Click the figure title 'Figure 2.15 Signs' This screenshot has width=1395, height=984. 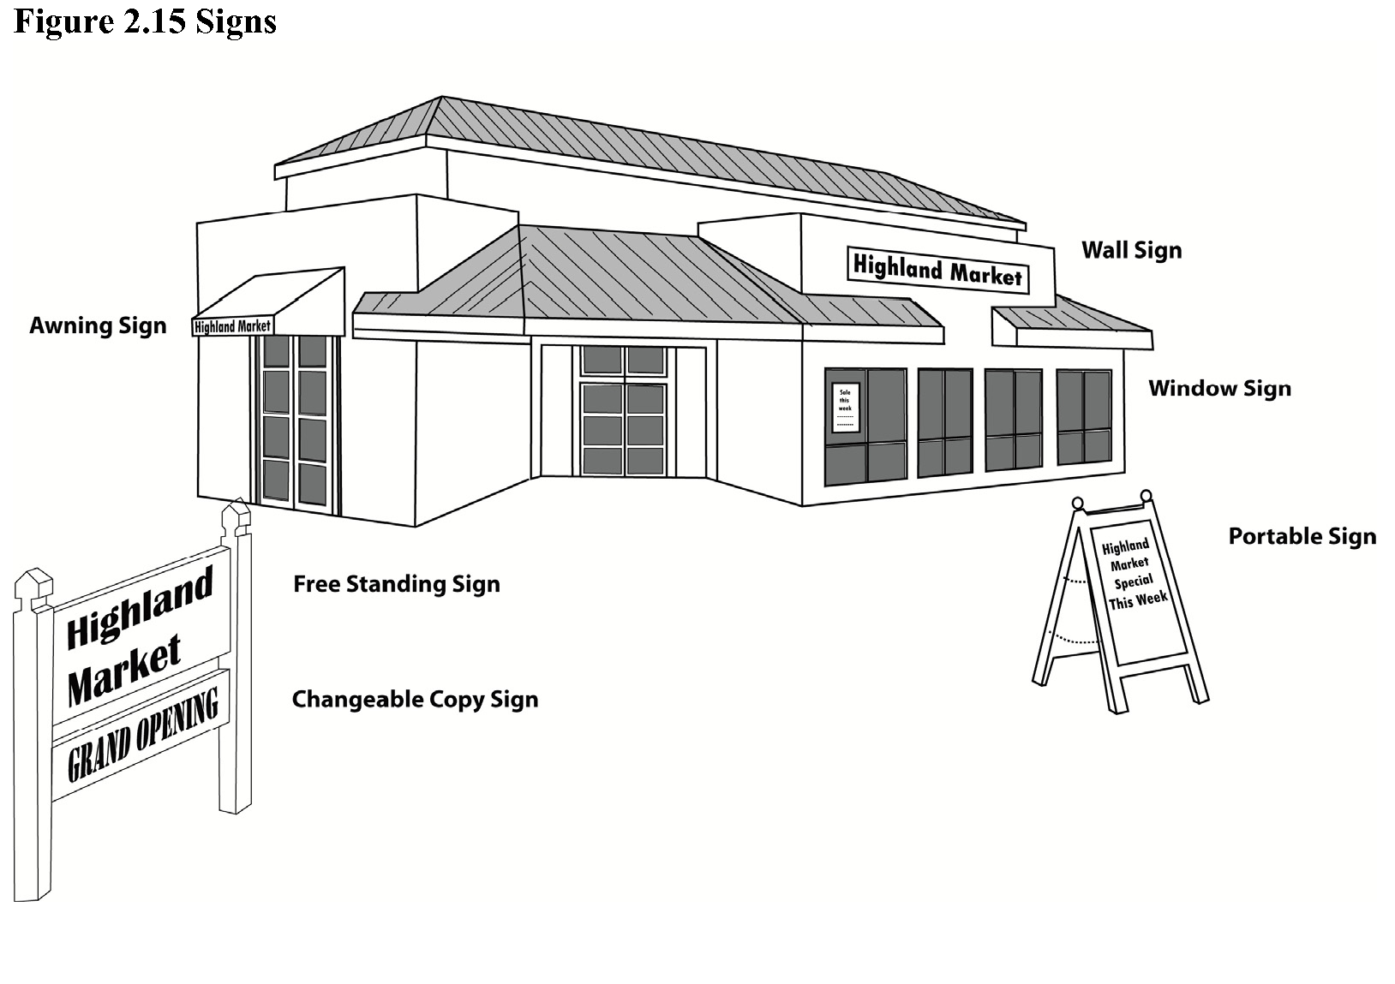coord(145,21)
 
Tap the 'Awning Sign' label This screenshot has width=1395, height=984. coord(98,325)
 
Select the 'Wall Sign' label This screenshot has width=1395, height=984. coord(1131,250)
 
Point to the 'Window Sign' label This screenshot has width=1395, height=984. coord(1219,388)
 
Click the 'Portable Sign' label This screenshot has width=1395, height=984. coord(1302,536)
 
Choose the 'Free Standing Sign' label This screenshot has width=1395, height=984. coord(396,584)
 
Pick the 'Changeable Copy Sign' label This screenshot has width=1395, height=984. coord(415,699)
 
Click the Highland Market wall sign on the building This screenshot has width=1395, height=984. coord(937,271)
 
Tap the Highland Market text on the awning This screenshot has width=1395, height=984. coord(232,326)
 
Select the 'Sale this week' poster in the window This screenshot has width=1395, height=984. coord(845,407)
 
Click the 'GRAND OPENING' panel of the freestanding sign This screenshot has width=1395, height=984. coord(141,737)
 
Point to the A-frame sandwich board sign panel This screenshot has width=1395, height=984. coord(1133,591)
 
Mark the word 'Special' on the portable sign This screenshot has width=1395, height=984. coord(1133,582)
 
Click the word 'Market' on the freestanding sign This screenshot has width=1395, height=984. coord(124,670)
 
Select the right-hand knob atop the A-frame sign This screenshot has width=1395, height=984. coord(1146,496)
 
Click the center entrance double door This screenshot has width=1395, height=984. coord(623,411)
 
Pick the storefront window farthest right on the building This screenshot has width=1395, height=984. coord(1084,416)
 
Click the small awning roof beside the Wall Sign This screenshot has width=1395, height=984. coord(1071,321)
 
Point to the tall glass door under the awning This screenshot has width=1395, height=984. coord(295,422)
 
